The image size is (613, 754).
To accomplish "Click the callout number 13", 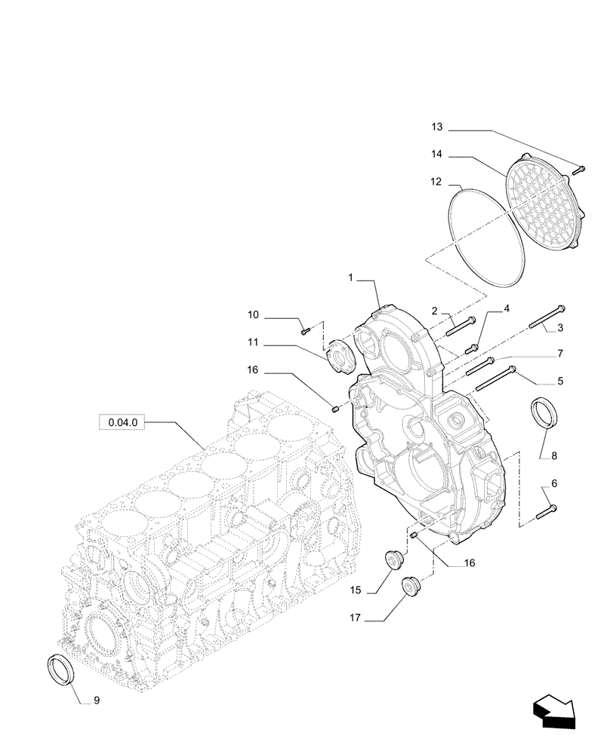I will coord(437,125).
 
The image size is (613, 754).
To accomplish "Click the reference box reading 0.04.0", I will coord(122,423).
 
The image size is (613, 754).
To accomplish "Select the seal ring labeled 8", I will coord(544,414).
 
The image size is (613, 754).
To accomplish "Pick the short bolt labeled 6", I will coord(547,512).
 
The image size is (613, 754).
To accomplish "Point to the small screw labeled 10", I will coord(304,329).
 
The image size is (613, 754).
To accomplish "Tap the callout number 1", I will coord(352,278).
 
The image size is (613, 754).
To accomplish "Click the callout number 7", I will coord(560,353).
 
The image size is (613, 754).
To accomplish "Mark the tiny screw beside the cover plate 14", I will coord(580,169).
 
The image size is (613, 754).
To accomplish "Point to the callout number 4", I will coord(507,308).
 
